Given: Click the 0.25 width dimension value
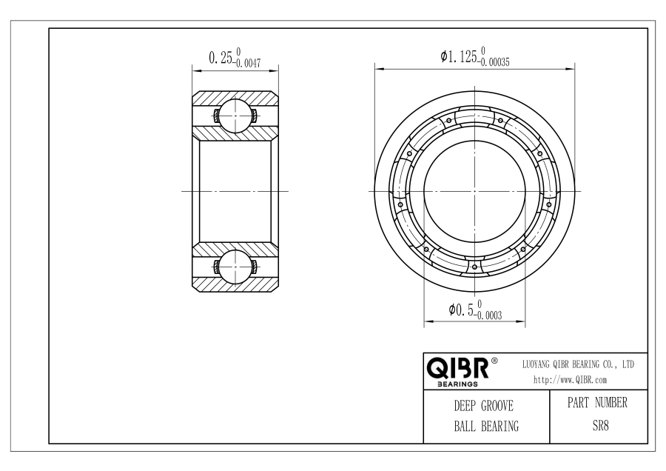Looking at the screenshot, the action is point(221,57).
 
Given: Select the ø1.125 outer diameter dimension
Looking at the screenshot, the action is point(459,56).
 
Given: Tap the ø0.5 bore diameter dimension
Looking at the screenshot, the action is point(461,309).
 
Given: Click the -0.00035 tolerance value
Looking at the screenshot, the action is point(494,62).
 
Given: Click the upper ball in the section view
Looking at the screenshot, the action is point(235,116).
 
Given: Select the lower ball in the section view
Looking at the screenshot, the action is point(235,267).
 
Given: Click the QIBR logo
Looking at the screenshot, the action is point(457,368).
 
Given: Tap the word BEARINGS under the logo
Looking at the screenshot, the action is point(457,384).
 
